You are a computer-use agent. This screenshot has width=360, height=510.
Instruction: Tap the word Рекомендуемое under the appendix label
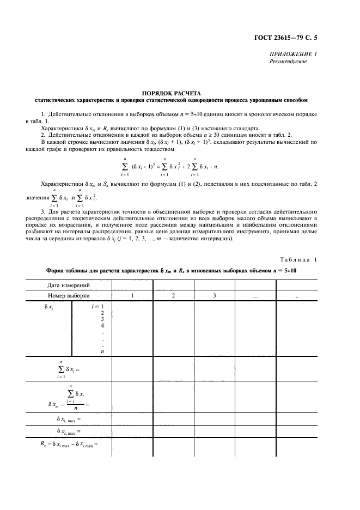(288, 62)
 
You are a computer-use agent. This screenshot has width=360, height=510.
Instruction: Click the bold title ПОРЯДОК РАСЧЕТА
(170, 93)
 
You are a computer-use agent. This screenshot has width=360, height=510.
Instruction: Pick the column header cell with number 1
(132, 295)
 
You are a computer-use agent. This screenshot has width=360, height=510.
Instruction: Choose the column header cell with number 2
(173, 295)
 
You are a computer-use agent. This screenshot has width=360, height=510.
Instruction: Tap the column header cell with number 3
(215, 295)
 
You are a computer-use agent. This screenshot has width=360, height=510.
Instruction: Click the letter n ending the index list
(102, 351)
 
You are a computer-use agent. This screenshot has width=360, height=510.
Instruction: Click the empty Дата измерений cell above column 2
(173, 284)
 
